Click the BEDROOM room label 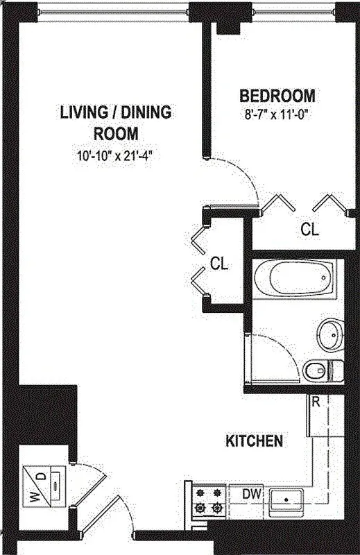click(x=277, y=95)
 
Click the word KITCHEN click(x=254, y=441)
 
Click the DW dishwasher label click(x=251, y=493)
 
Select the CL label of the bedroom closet click(x=310, y=230)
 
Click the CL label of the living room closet click(x=219, y=264)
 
